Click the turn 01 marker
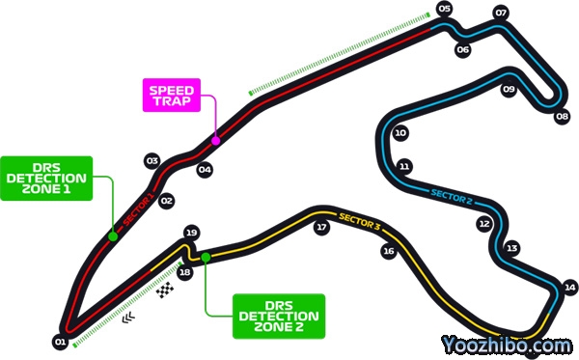click(60, 342)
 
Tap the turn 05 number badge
click(445, 9)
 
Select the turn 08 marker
click(562, 117)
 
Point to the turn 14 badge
click(569, 288)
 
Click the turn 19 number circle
click(191, 233)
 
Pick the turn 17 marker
click(321, 227)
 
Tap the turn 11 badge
click(404, 167)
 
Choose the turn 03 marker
click(152, 160)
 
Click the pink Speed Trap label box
click(172, 95)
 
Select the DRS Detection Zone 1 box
click(46, 179)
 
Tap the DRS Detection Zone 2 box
click(279, 316)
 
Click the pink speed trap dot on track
click(215, 141)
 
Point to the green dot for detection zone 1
click(113, 236)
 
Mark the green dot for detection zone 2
click(206, 258)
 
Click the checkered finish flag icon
click(165, 290)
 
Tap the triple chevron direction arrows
click(128, 318)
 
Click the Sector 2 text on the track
click(452, 197)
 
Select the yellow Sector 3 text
click(359, 222)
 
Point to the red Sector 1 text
click(138, 210)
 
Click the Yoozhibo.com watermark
click(507, 346)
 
